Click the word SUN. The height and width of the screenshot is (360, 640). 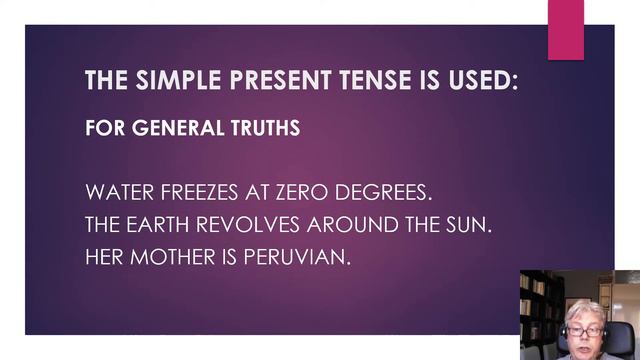pyautogui.click(x=470, y=224)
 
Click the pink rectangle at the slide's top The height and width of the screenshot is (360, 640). pyautogui.click(x=567, y=30)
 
